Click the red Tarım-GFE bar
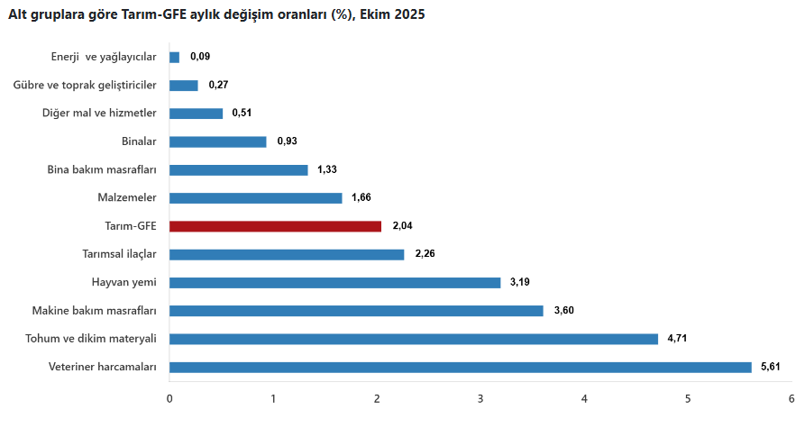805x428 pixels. (275, 226)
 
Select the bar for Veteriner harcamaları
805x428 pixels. (460, 367)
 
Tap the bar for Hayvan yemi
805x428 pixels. (334, 282)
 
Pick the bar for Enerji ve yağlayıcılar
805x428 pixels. (174, 57)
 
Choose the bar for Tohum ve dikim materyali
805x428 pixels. (414, 339)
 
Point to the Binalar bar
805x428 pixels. (217, 141)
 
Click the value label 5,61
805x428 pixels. (772, 367)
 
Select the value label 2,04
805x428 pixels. (401, 226)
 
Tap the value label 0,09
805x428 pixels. (200, 57)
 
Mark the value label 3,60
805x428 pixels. (563, 311)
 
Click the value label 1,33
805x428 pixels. (327, 169)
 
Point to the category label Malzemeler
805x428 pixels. (126, 197)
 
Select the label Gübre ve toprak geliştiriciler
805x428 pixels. (86, 85)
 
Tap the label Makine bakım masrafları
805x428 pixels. (95, 311)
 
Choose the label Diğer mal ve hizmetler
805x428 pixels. (99, 114)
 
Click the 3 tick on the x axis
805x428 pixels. (480, 398)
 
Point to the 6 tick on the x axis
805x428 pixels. (791, 398)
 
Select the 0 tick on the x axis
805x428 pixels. (169, 398)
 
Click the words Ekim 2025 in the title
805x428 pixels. (391, 15)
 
